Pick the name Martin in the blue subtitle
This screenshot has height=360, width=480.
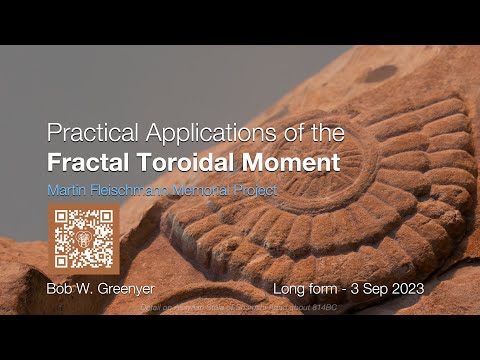coord(64,187)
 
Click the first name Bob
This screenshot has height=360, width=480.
coord(61,288)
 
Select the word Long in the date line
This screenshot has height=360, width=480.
coord(292,288)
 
